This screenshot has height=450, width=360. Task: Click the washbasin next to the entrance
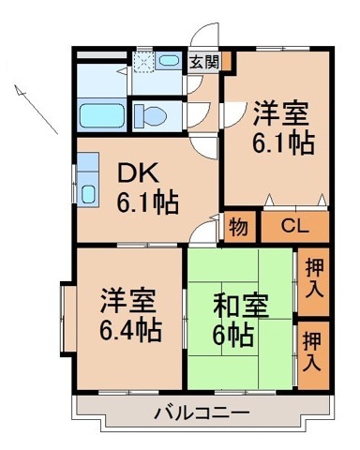coord(170,62)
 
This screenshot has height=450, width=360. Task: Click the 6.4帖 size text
coord(130,330)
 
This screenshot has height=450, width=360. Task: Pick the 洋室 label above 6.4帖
coord(129,304)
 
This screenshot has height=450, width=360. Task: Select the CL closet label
coord(293,227)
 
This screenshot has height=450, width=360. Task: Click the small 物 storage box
coord(237,228)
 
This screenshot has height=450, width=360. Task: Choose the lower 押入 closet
coord(313,352)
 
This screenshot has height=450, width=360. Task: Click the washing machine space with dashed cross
coord(143,62)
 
